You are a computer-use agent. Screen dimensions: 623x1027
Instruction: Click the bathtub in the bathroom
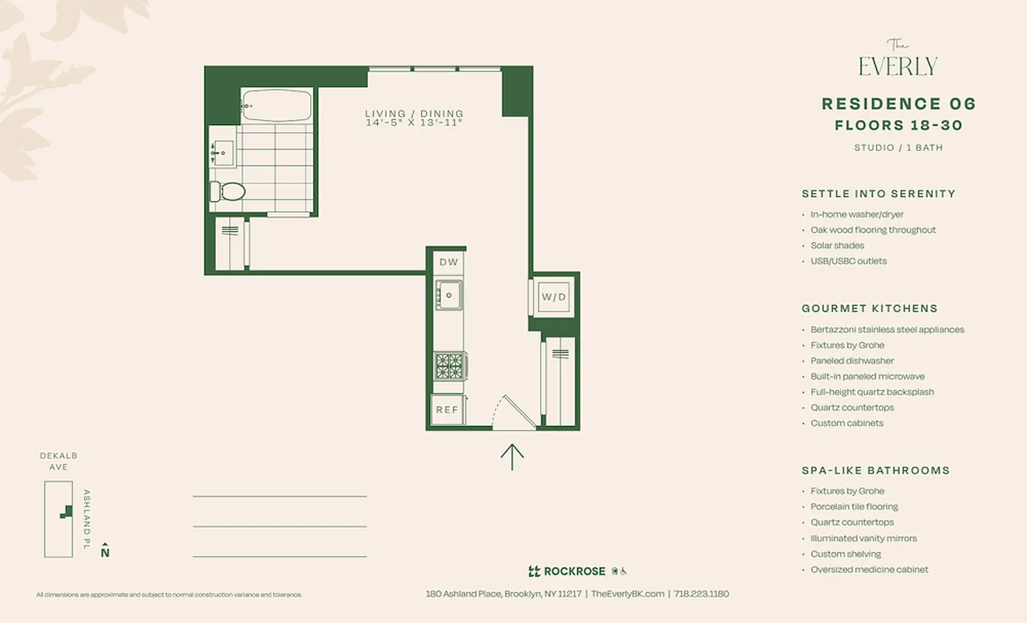[277, 105]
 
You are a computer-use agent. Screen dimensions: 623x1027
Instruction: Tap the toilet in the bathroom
[228, 191]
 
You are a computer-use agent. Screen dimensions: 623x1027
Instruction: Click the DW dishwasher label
[449, 262]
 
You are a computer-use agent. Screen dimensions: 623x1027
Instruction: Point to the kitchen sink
[449, 295]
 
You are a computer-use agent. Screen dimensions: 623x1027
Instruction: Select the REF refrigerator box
[447, 410]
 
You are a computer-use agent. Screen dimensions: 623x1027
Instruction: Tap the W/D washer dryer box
[554, 297]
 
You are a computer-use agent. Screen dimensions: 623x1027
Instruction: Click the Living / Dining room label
[414, 114]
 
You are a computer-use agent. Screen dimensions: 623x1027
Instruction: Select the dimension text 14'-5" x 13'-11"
[414, 123]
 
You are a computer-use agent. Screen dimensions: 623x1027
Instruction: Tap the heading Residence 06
[898, 104]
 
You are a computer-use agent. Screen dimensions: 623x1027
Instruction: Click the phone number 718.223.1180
[701, 593]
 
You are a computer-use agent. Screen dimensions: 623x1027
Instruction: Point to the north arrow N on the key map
[105, 551]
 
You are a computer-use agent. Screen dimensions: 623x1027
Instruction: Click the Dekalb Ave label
[58, 461]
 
